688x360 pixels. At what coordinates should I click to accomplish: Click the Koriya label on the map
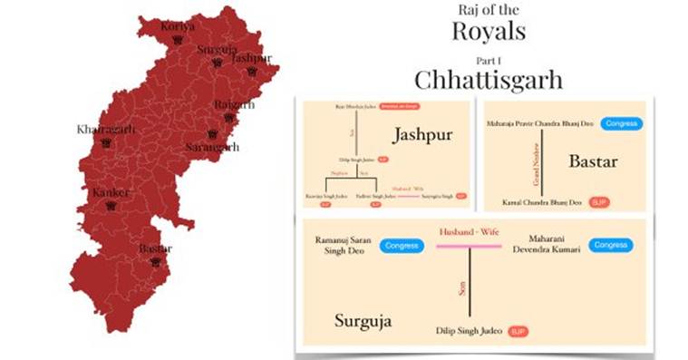pyautogui.click(x=178, y=26)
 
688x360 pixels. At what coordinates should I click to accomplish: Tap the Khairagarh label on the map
pyautogui.click(x=106, y=130)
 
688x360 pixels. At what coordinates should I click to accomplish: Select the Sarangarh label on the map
pyautogui.click(x=213, y=147)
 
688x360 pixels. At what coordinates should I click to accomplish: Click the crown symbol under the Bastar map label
pyautogui.click(x=157, y=261)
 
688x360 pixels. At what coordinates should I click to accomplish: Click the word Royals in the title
pyautogui.click(x=489, y=32)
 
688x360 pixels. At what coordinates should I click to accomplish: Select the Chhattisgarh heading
pyautogui.click(x=489, y=79)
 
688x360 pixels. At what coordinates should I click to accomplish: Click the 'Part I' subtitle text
pyautogui.click(x=489, y=56)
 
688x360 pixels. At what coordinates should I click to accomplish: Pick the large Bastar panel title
pyautogui.click(x=593, y=161)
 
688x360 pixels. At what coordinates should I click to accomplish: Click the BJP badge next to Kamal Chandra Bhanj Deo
pyautogui.click(x=598, y=201)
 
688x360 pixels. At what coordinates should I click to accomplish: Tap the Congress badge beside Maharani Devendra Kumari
pyautogui.click(x=611, y=245)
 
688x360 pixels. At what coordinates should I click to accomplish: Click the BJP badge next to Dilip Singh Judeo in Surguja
pyautogui.click(x=518, y=331)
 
